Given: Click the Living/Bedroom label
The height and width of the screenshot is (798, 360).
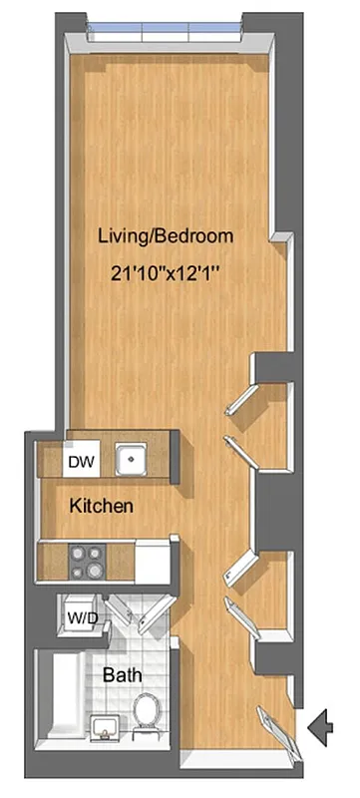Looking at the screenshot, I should tap(166, 237).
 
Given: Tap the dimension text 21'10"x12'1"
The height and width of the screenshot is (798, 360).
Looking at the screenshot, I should tap(166, 270).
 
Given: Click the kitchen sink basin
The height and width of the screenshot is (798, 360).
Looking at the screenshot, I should tap(129, 461).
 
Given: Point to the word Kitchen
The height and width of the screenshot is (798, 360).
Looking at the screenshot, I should tap(102, 507).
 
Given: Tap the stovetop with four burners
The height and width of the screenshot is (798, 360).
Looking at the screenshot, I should tap(85, 561).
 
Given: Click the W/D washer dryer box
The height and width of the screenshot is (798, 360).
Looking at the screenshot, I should tap(81, 617).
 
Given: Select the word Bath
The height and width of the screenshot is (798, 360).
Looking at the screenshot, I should tap(123, 675).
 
